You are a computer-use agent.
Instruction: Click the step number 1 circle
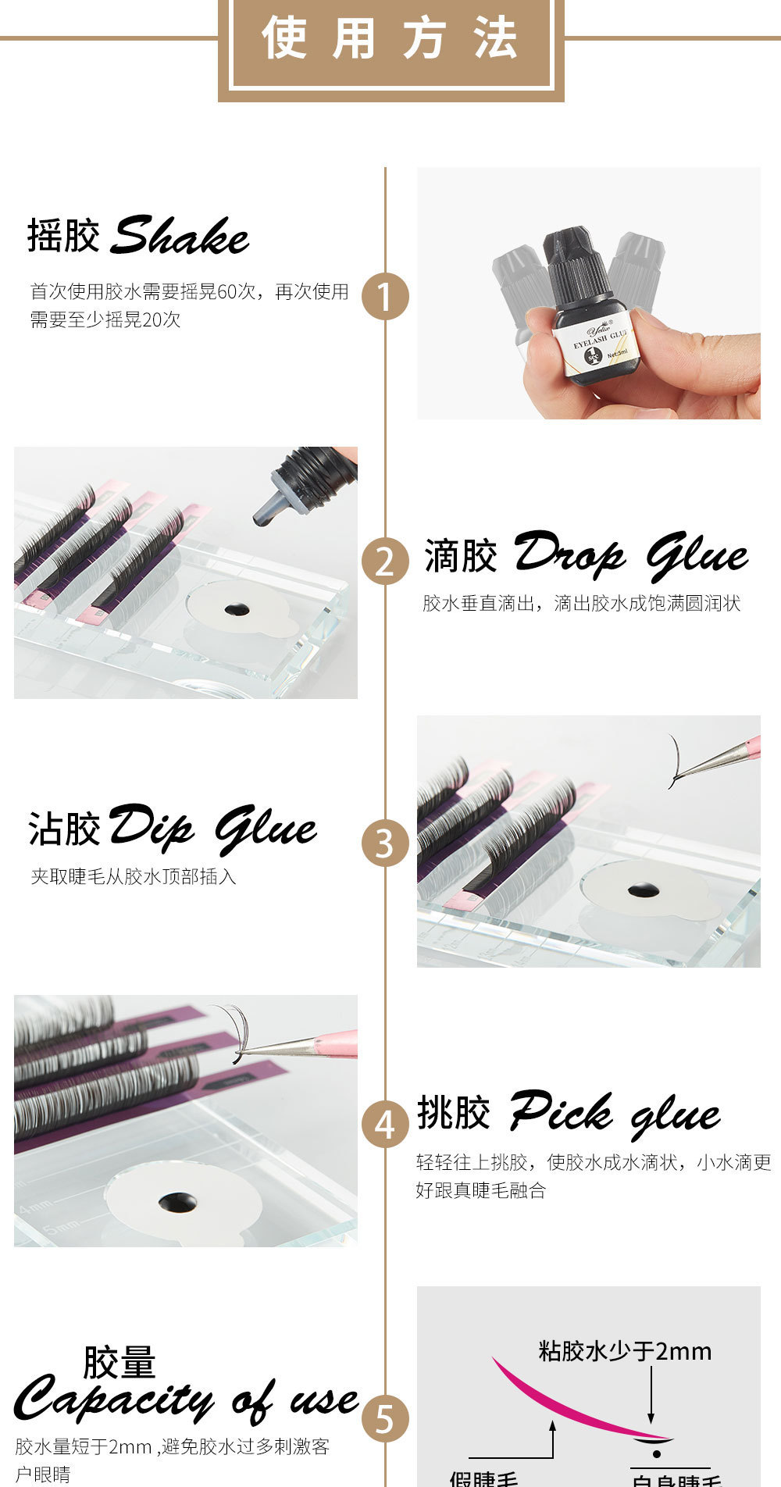click(385, 296)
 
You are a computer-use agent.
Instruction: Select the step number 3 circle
click(385, 843)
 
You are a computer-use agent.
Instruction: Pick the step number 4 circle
click(385, 1124)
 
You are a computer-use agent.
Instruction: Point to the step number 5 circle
click(385, 1418)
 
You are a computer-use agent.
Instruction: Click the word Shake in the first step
click(180, 236)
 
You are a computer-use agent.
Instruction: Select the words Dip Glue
click(212, 828)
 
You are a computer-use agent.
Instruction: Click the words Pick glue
click(615, 1112)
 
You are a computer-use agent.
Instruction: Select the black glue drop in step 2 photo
click(237, 609)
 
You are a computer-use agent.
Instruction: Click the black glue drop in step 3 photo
click(643, 890)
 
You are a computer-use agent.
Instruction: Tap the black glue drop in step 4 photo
click(177, 1202)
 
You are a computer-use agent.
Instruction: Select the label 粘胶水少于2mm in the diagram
click(625, 1351)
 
